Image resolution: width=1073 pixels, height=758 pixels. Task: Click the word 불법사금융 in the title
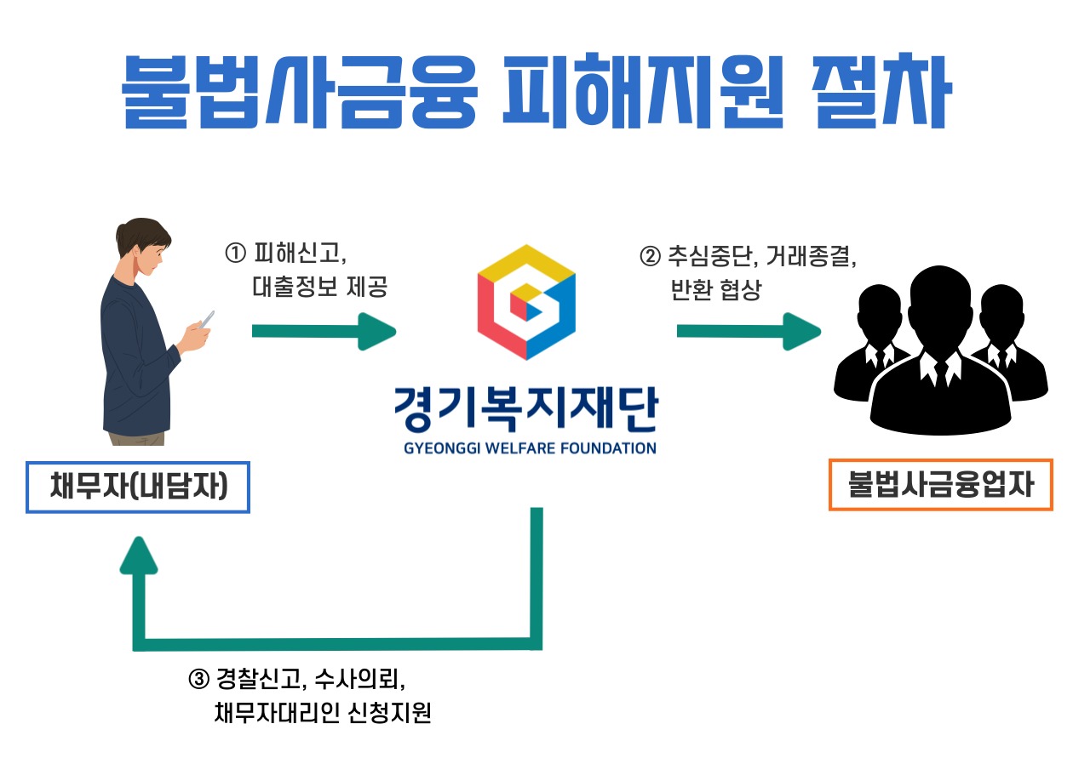pyautogui.click(x=298, y=91)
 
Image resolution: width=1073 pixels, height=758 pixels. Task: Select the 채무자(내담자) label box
pyautogui.click(x=138, y=487)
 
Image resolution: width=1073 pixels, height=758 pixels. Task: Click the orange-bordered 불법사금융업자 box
pyautogui.click(x=940, y=485)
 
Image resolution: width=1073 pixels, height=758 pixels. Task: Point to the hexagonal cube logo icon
pyautogui.click(x=526, y=302)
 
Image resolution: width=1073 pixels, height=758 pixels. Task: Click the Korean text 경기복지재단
pyautogui.click(x=525, y=412)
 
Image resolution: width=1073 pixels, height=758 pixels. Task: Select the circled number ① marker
pyautogui.click(x=234, y=253)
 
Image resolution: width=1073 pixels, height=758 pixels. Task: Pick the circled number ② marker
pyautogui.click(x=649, y=254)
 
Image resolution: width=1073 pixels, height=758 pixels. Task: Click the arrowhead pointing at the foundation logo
pyautogui.click(x=377, y=331)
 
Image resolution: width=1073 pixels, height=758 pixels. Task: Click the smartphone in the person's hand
pyautogui.click(x=205, y=320)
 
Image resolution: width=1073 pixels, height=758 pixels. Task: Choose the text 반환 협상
pyautogui.click(x=715, y=289)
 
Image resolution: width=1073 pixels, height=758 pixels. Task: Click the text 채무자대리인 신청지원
pyautogui.click(x=324, y=713)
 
